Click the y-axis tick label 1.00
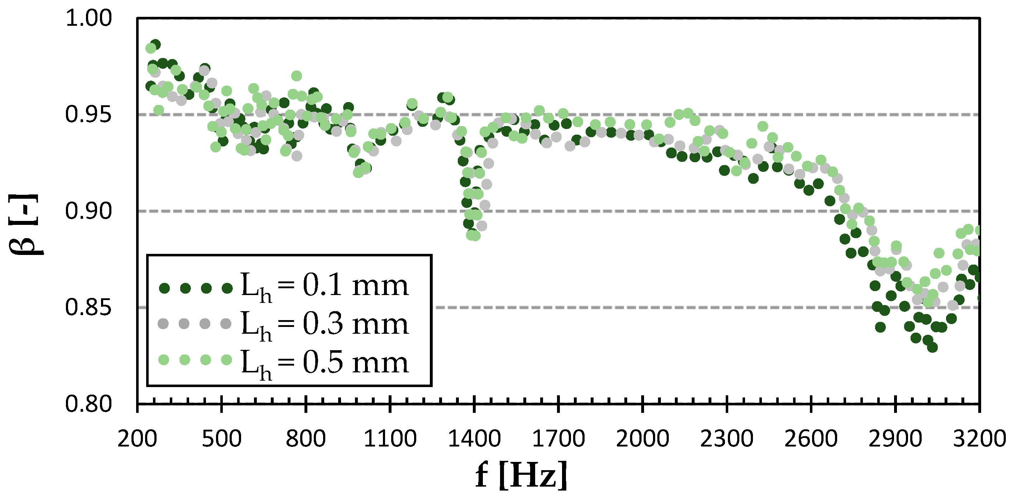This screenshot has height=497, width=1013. click(x=88, y=19)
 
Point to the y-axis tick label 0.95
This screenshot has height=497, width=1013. click(x=88, y=115)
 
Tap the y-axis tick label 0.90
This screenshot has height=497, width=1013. click(x=88, y=211)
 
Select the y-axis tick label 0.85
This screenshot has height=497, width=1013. click(x=88, y=307)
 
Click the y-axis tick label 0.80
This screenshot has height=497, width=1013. click(x=88, y=404)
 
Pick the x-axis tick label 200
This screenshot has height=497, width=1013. click(x=137, y=438)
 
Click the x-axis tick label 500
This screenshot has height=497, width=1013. click(x=221, y=438)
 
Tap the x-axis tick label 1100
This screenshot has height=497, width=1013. click(x=390, y=438)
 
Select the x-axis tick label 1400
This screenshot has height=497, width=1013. click(x=474, y=438)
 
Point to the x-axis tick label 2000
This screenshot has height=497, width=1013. click(x=643, y=438)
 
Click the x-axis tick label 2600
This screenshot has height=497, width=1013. click(x=811, y=438)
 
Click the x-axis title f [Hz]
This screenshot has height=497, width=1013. click(x=522, y=475)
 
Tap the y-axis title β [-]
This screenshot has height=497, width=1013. click(x=24, y=224)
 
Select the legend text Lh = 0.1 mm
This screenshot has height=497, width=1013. click(x=325, y=287)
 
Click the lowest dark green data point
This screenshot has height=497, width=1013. click(x=932, y=347)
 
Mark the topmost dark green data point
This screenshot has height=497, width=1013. click(x=155, y=44)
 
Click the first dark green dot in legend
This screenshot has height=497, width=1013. click(x=164, y=288)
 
